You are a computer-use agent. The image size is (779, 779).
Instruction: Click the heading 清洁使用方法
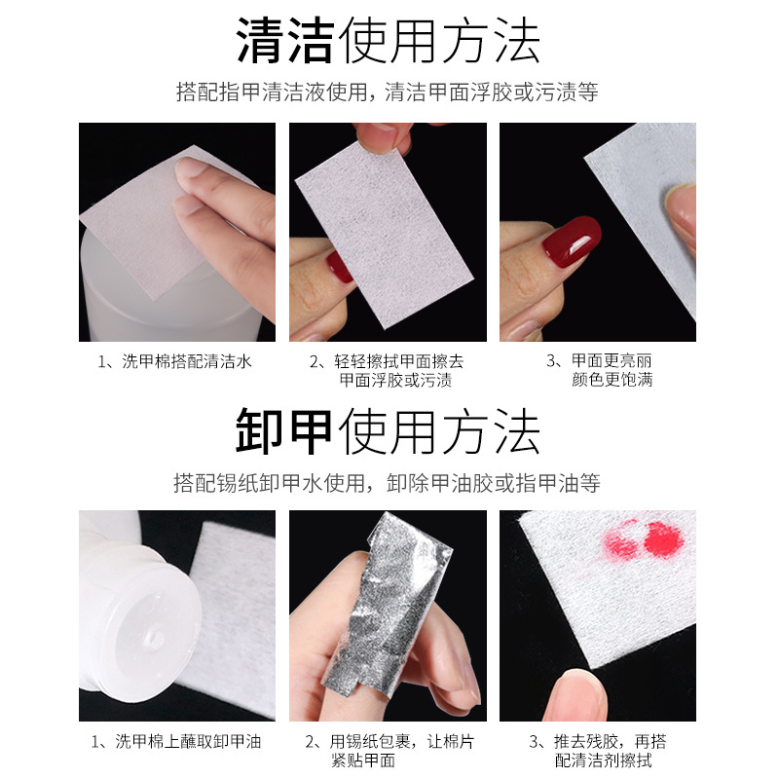pos(388,40)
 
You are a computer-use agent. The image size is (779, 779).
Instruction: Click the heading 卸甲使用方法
pos(388,430)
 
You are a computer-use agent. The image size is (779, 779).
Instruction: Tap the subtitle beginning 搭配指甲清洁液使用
pos(387,93)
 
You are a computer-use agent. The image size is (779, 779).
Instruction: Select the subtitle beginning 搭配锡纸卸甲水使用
pos(387,483)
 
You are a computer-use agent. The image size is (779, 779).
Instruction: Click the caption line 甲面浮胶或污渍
pos(395,380)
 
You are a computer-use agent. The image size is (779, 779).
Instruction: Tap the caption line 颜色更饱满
pos(612,380)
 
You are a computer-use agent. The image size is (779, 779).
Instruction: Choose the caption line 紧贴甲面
pos(363,760)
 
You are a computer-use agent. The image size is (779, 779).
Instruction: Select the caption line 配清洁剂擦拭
pos(603,760)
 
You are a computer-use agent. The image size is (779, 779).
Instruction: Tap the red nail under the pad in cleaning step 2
pos(339,268)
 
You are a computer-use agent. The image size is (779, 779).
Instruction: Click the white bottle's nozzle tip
pos(154,638)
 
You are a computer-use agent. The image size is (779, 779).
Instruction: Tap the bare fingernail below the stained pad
pos(579,693)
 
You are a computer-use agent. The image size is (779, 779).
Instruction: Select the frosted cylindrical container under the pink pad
pos(168,293)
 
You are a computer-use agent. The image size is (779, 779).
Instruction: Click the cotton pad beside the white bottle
pos(234,616)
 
